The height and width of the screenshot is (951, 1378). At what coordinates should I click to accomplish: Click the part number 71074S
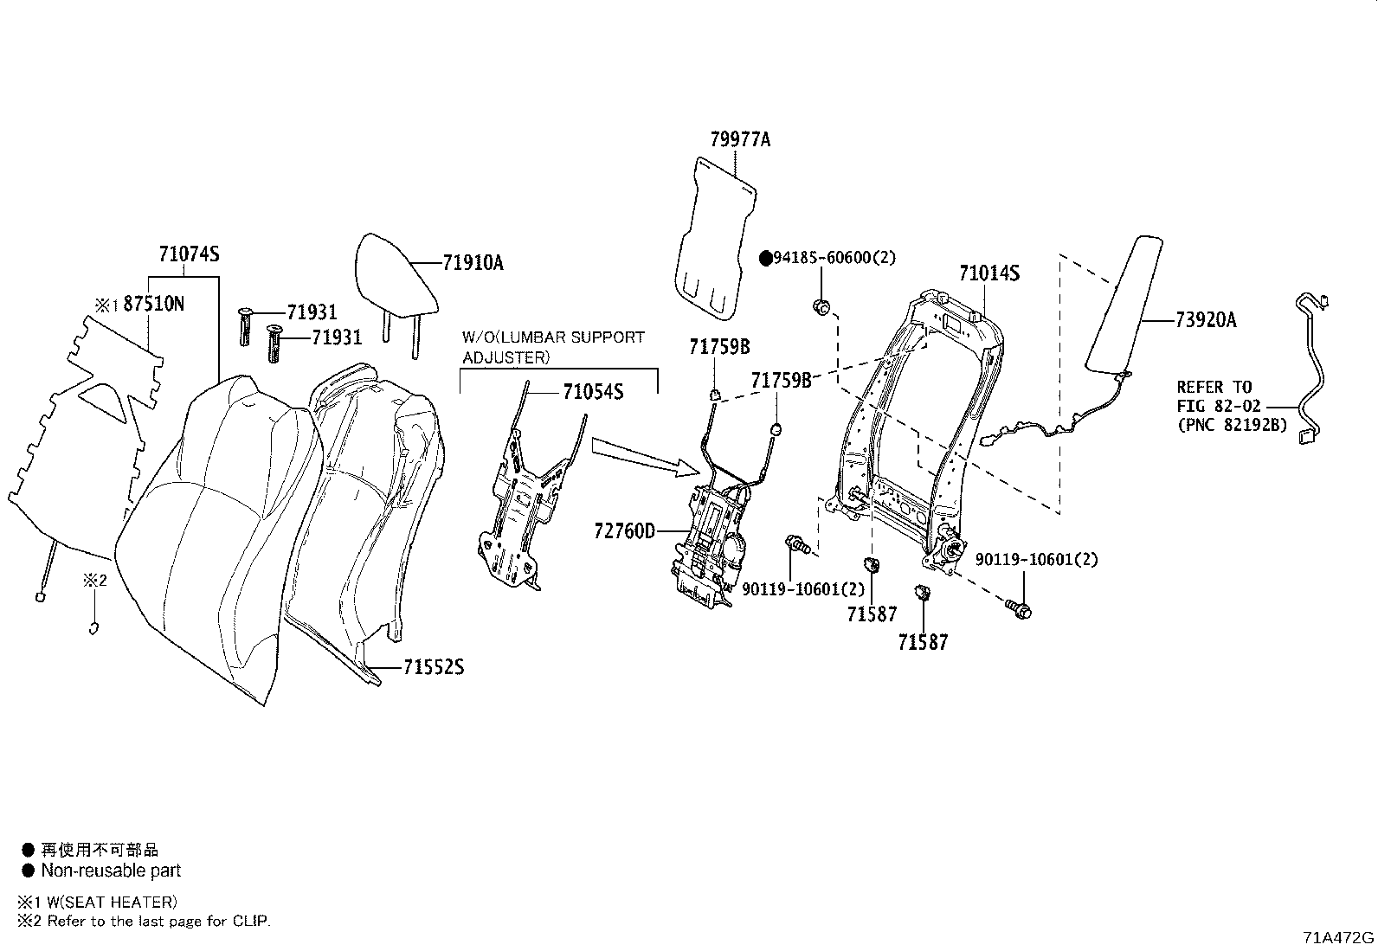click(189, 254)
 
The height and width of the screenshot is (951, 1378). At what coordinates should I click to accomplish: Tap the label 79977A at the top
click(740, 138)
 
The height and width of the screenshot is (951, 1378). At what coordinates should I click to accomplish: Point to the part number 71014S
click(988, 273)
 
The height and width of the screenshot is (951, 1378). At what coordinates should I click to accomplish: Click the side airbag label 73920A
click(1206, 320)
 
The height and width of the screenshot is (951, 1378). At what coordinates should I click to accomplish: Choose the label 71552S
click(433, 667)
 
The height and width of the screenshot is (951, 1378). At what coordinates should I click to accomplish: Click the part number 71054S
click(593, 392)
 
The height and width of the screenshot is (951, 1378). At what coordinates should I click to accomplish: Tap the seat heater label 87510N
click(153, 304)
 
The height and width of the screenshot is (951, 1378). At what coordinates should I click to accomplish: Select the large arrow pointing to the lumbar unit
click(644, 456)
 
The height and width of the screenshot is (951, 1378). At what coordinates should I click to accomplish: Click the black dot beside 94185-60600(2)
click(765, 258)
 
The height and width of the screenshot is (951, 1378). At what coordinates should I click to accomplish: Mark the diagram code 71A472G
click(1338, 938)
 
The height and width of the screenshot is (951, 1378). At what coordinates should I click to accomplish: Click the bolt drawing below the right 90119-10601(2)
click(1020, 609)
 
